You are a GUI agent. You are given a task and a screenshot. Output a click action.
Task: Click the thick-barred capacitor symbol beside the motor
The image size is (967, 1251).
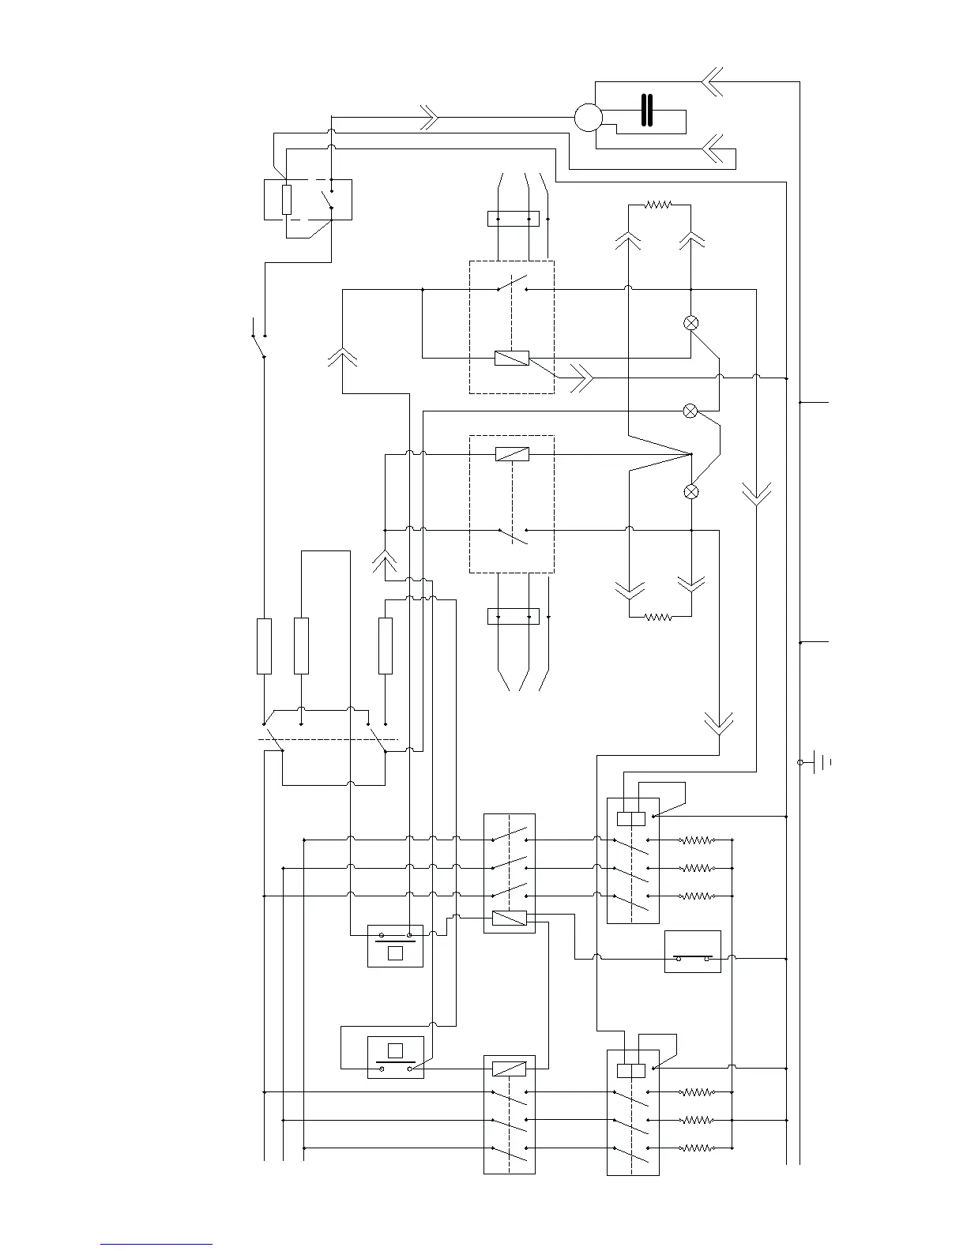[x=648, y=111]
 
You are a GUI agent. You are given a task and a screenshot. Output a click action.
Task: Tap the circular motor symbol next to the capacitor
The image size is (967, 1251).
[x=588, y=118]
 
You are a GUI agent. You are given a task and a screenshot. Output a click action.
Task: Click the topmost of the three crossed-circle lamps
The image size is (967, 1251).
[x=690, y=323]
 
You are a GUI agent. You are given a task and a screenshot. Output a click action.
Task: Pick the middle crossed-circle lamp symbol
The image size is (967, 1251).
[x=690, y=411]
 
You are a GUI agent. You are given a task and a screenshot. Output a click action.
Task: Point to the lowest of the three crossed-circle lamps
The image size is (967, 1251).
[x=690, y=492]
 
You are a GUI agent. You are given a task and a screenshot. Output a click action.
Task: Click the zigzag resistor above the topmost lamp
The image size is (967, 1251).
[x=658, y=205]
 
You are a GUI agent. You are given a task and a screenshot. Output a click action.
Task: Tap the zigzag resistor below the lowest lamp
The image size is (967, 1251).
[x=658, y=617]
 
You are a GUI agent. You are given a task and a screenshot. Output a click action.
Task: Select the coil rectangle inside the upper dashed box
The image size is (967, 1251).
[x=512, y=358]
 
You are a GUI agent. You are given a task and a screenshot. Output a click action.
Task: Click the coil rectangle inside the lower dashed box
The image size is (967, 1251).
[x=512, y=454]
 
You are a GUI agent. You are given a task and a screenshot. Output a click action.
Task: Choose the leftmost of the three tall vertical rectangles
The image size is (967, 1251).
[x=265, y=646]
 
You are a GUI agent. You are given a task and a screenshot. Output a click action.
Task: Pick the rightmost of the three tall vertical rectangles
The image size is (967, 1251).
[x=386, y=646]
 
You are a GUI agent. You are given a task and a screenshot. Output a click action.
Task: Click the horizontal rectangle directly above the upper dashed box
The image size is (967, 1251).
[x=514, y=218]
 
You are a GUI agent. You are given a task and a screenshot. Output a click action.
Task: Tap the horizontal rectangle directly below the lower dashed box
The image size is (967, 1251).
[x=514, y=616]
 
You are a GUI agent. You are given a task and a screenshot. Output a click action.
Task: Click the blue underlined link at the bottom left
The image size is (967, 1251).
[x=156, y=1244]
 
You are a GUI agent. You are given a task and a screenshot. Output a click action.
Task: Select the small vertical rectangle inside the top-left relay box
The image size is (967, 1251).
[x=287, y=200]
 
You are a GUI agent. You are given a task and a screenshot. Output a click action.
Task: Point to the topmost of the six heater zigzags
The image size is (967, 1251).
[x=698, y=840]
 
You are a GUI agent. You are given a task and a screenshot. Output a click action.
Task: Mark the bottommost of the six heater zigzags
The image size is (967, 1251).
[x=698, y=1148]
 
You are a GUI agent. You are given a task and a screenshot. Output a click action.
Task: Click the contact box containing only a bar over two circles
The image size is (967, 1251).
[x=693, y=952]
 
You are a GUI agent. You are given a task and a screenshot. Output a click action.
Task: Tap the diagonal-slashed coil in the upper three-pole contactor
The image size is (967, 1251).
[x=510, y=918]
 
